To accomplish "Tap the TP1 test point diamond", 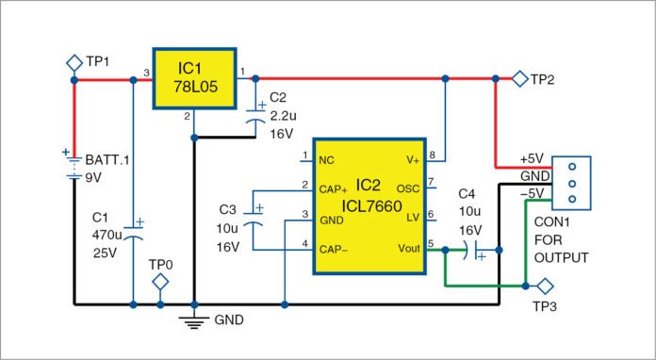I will point(74,61).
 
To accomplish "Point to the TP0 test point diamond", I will point(161,282).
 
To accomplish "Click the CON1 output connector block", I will point(570,182).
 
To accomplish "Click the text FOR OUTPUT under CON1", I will point(562,250).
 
